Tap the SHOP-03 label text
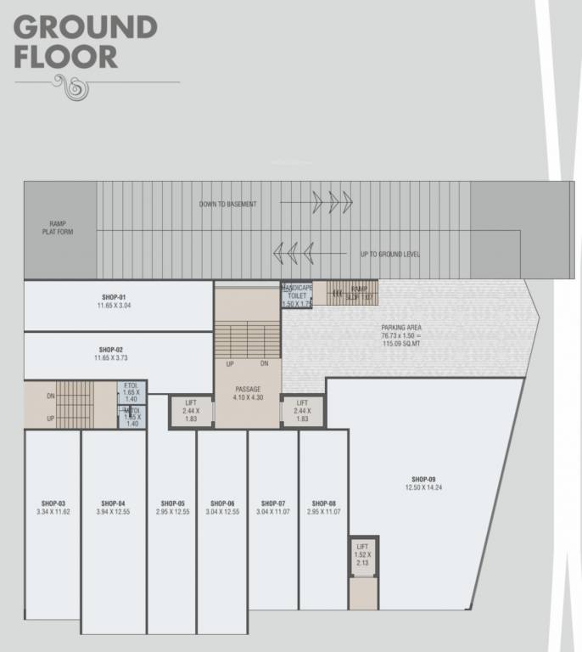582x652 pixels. [52, 503]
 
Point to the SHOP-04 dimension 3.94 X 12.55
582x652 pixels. [113, 512]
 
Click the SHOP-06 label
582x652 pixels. [221, 503]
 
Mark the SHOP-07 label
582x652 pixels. [272, 503]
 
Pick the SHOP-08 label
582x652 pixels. [324, 503]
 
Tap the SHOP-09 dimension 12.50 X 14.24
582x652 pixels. [424, 487]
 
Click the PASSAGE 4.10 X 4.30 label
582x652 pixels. [248, 393]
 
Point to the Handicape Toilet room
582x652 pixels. [297, 295]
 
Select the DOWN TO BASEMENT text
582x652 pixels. [227, 204]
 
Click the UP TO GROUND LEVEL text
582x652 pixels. [390, 254]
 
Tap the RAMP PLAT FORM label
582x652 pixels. [58, 228]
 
